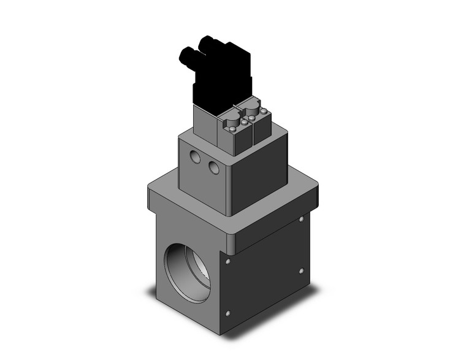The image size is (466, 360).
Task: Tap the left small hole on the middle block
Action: [195, 158]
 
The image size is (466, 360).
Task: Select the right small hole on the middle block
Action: [213, 167]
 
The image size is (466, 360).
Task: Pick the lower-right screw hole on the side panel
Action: [301, 270]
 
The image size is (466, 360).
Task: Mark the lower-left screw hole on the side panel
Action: [228, 315]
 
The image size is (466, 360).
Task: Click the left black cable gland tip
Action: [182, 58]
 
